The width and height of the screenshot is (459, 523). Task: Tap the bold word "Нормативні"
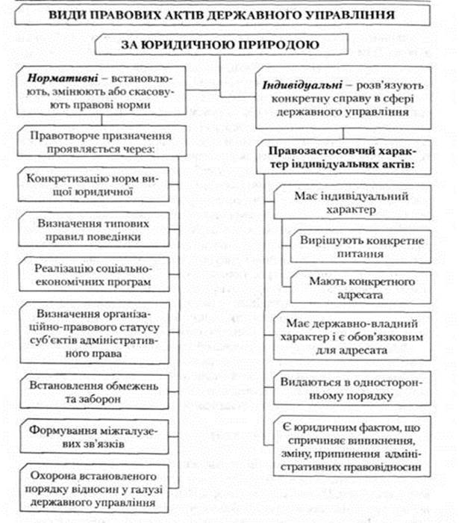click(x=56, y=77)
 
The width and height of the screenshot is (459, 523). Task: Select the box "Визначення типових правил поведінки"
click(x=89, y=230)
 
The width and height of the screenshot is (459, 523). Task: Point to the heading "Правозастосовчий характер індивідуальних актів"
click(x=346, y=158)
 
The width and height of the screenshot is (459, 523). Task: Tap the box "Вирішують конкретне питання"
click(x=363, y=247)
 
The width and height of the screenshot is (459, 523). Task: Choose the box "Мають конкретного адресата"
click(x=363, y=288)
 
